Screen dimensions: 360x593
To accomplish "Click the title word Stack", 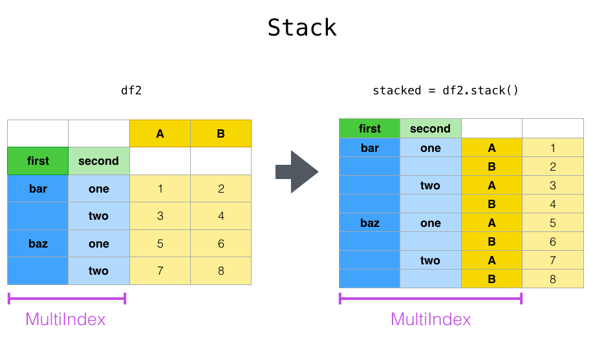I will click(x=302, y=28).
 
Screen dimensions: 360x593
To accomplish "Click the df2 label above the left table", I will click(x=131, y=90).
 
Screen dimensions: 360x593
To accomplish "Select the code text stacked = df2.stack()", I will click(x=446, y=90).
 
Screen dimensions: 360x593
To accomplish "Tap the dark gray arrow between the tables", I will click(x=297, y=172).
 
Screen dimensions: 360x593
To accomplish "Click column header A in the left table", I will click(x=160, y=134).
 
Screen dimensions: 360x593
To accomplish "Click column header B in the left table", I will click(x=221, y=134).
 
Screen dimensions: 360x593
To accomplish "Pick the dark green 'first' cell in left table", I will click(x=38, y=161).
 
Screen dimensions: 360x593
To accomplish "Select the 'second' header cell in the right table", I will click(x=430, y=129).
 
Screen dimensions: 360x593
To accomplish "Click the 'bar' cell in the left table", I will click(x=38, y=189).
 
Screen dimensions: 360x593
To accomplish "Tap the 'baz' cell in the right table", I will click(x=369, y=223).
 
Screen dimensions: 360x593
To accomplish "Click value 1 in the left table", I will click(x=160, y=189).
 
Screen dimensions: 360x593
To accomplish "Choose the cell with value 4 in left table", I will click(x=221, y=216).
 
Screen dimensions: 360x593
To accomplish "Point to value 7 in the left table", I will click(x=160, y=271).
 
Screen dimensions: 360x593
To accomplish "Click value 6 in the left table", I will click(x=221, y=244).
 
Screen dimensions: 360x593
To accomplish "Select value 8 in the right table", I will click(x=552, y=279).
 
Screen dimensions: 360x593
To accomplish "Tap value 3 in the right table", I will click(x=552, y=185).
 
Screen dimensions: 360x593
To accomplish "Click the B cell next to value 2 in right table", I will click(x=491, y=167).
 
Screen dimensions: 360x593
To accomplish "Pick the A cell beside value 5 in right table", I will click(x=491, y=223).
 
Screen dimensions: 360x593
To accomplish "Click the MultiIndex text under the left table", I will click(x=65, y=319).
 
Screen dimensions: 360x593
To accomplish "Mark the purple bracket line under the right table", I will click(x=430, y=299).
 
